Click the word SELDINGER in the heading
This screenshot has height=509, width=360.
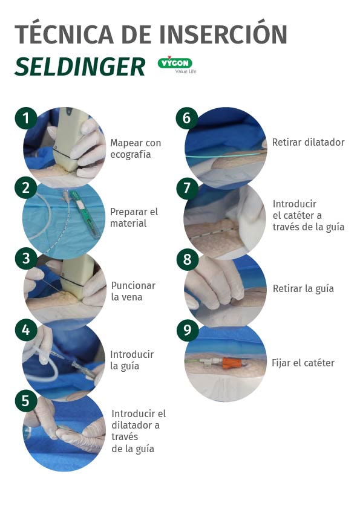[x=80, y=67]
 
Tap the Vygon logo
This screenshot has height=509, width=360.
[x=177, y=65]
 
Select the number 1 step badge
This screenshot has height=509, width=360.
[x=26, y=118]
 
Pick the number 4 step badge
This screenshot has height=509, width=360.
[x=26, y=330]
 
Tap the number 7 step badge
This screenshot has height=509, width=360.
[x=187, y=187]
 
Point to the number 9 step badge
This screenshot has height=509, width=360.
[x=188, y=330]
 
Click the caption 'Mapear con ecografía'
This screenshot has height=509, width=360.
[x=136, y=148]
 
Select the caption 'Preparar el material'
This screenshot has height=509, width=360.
[x=134, y=218]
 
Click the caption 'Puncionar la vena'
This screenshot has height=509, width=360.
[x=133, y=291]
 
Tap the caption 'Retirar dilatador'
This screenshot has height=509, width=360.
[x=308, y=142]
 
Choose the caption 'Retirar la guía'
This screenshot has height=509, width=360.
[x=303, y=288]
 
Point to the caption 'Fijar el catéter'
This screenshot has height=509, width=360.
[x=303, y=363]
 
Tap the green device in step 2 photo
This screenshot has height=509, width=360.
[x=84, y=213]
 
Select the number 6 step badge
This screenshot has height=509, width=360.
[x=187, y=118]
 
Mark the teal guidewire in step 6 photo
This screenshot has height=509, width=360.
[x=224, y=155]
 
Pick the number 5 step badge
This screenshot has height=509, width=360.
[x=26, y=401]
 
